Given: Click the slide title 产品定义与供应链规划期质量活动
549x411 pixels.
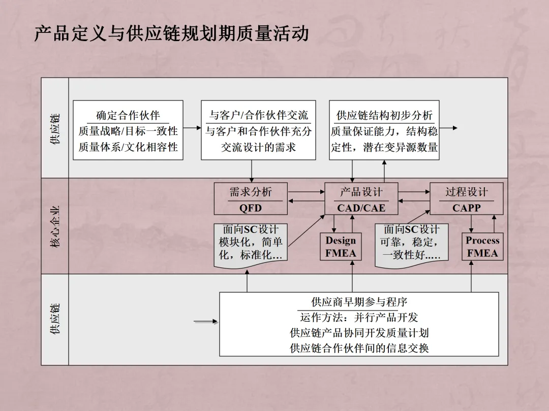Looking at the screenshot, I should pyautogui.click(x=171, y=34).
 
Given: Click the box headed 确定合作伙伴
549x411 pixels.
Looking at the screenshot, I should pyautogui.click(x=128, y=130).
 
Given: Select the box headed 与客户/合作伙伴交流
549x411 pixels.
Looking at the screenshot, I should pyautogui.click(x=258, y=130).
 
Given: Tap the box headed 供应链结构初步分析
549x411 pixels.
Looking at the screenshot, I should pyautogui.click(x=384, y=130).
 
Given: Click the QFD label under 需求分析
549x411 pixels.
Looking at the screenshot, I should pyautogui.click(x=251, y=208).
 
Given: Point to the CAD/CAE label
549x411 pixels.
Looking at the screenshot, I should pyautogui.click(x=361, y=208).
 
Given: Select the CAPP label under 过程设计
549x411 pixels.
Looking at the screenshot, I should pyautogui.click(x=466, y=208).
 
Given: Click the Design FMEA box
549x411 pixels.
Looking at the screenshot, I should pyautogui.click(x=341, y=247).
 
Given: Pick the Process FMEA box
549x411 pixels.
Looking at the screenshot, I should pyautogui.click(x=482, y=247).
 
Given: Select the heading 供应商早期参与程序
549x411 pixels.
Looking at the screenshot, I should pyautogui.click(x=359, y=302).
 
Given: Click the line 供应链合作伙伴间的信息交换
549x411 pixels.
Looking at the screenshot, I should pyautogui.click(x=359, y=349).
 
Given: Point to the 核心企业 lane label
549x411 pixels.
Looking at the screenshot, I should pyautogui.click(x=55, y=226).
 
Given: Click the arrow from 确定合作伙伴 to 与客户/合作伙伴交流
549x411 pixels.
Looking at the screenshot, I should pyautogui.click(x=192, y=128).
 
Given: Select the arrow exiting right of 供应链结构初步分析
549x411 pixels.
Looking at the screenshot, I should pyautogui.click(x=448, y=128).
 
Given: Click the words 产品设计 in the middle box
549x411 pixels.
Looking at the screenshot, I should pyautogui.click(x=361, y=192).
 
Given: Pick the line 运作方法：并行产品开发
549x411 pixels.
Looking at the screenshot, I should pyautogui.click(x=359, y=318).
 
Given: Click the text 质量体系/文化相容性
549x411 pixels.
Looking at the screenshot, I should pyautogui.click(x=128, y=148).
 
